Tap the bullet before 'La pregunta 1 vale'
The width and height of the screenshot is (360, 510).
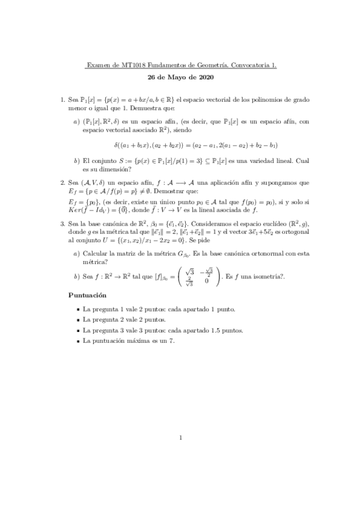(x=78, y=309)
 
